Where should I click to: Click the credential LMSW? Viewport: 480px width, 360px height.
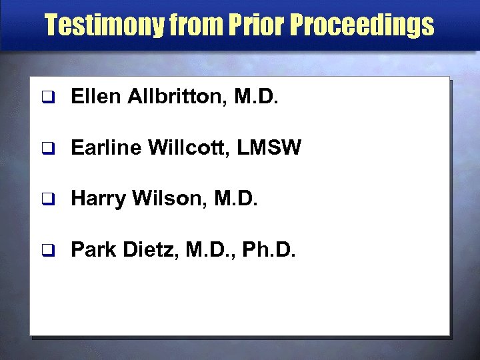coord(270,148)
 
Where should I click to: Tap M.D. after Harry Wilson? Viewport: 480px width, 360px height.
coord(235,198)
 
